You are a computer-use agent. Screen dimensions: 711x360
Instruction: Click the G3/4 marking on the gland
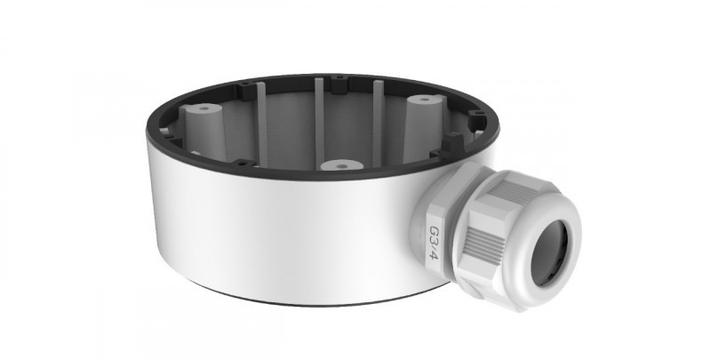pyautogui.click(x=434, y=243)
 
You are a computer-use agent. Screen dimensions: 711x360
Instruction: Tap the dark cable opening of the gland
pyautogui.click(x=549, y=253)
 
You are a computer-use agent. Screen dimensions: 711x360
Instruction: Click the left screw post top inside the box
pyautogui.click(x=204, y=108)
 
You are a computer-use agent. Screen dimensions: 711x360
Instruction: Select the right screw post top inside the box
pyautogui.click(x=425, y=100)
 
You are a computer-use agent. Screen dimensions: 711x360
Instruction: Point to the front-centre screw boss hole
pyautogui.click(x=342, y=165)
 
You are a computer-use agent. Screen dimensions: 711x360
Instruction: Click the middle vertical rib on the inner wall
pyautogui.click(x=320, y=124)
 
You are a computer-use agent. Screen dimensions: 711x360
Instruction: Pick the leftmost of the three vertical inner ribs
pyautogui.click(x=262, y=124)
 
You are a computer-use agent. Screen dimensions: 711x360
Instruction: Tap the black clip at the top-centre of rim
pyautogui.click(x=339, y=84)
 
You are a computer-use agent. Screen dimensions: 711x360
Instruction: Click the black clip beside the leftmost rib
pyautogui.click(x=247, y=92)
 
